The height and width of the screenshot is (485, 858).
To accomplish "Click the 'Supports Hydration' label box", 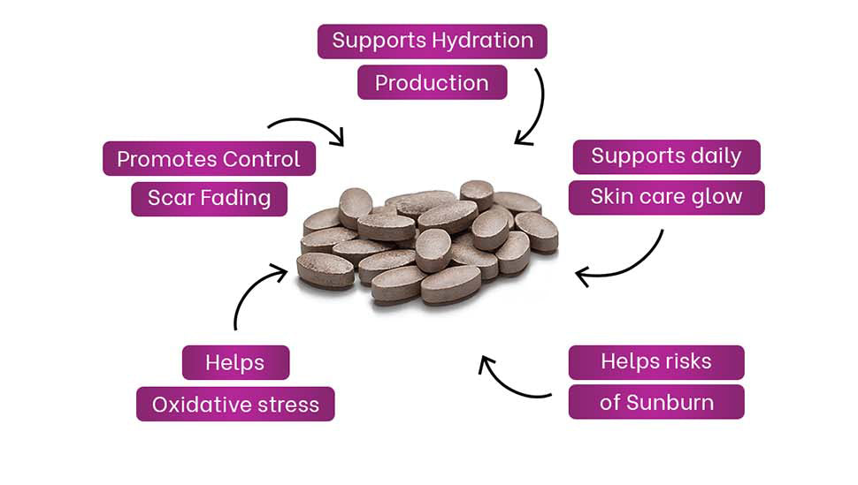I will (x=432, y=41).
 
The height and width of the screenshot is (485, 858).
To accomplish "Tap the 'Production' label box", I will (x=432, y=82).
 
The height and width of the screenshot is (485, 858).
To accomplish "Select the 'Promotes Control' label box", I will (x=209, y=159).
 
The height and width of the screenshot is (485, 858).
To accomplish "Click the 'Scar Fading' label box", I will (x=209, y=198).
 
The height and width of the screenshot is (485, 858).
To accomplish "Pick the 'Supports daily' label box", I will (x=666, y=156).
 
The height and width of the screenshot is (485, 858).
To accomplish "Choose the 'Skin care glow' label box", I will (x=666, y=197).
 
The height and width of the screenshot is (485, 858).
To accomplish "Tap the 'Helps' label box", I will (x=235, y=362).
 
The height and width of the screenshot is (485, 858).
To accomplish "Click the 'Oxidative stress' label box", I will (x=235, y=404).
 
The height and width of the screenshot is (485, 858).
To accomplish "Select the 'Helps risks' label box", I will (x=655, y=361).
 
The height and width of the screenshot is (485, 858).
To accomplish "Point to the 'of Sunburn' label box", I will (x=655, y=403).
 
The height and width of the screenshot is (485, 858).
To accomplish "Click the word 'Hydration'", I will (x=482, y=41).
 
